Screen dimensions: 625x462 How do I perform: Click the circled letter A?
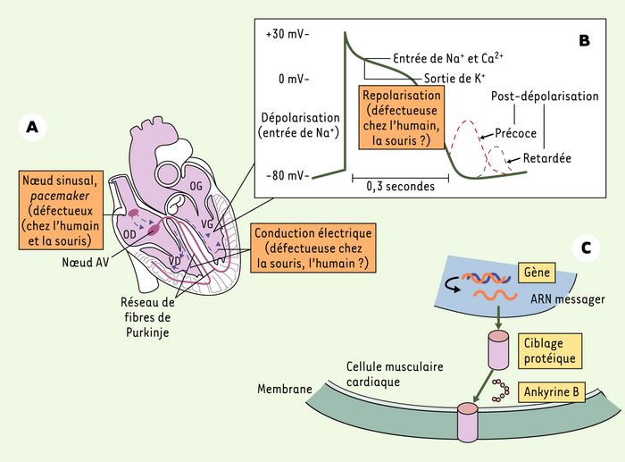pyautogui.click(x=32, y=127)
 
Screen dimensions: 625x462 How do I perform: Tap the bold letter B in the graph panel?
pyautogui.click(x=584, y=40)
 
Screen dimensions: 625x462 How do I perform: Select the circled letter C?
pyautogui.click(x=586, y=248)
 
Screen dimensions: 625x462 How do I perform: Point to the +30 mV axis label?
pyautogui.click(x=287, y=34)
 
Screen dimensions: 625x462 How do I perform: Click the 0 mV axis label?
pyautogui.click(x=294, y=79)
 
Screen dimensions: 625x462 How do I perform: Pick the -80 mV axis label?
pyautogui.click(x=287, y=175)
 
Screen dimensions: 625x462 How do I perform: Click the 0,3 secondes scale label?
pyautogui.click(x=400, y=186)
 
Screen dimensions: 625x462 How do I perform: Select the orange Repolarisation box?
pyautogui.click(x=402, y=117)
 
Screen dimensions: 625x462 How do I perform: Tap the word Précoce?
pyautogui.click(x=516, y=133)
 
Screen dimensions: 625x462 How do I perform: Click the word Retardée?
pyautogui.click(x=546, y=158)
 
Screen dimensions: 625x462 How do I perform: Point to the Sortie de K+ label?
pyautogui.click(x=454, y=79)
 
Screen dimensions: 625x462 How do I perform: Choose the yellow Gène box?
pyautogui.click(x=537, y=273)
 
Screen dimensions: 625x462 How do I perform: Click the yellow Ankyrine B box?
pyautogui.click(x=551, y=391)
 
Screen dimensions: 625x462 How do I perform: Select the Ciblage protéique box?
pyautogui.click(x=550, y=350)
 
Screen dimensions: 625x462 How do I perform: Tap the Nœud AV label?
pyautogui.click(x=86, y=262)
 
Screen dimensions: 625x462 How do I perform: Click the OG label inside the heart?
pyautogui.click(x=196, y=186)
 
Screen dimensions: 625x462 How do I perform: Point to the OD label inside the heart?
pyautogui.click(x=129, y=235)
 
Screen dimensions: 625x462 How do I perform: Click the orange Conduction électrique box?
pyautogui.click(x=313, y=248)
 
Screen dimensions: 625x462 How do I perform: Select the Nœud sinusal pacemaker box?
pyautogui.click(x=61, y=210)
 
